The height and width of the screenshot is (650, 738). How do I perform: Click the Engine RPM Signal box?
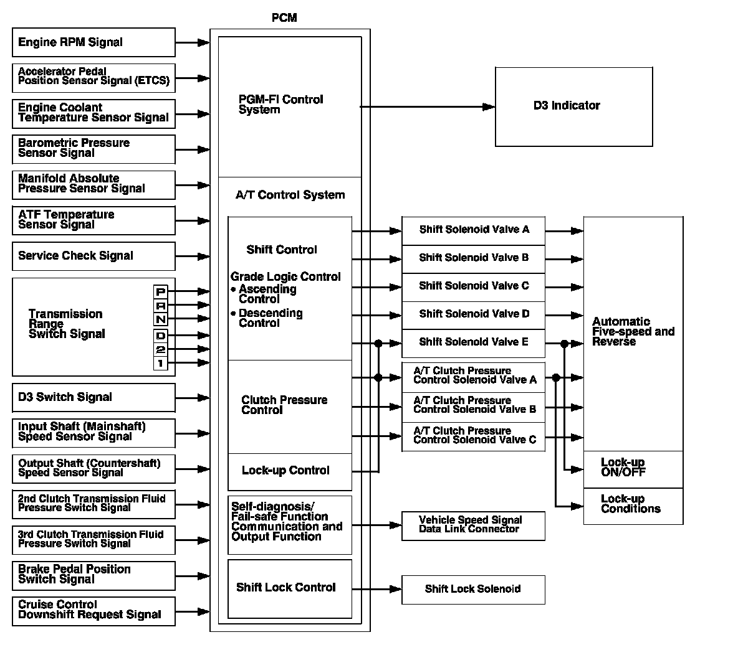pos(93,42)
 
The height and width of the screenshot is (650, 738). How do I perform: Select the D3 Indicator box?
pos(573,106)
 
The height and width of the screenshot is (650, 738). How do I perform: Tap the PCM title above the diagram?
pos(284,17)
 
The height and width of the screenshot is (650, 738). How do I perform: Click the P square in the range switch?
pos(161,291)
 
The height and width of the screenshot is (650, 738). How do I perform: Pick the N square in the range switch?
pos(161,319)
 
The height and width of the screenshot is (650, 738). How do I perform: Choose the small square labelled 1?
pos(161,363)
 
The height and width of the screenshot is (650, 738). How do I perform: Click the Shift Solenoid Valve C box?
pos(473,286)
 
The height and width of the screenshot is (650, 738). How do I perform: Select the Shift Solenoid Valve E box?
pos(473,342)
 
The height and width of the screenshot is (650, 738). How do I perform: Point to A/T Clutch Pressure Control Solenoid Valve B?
pos(473,405)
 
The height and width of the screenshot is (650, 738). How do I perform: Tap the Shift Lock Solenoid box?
pos(473,589)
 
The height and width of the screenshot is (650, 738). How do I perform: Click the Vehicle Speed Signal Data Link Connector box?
pos(473,525)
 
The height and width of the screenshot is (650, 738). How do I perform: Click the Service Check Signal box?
pos(93,256)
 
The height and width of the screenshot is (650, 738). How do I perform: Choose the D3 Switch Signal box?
pos(93,397)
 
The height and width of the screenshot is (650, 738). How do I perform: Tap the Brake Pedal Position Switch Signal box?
pos(93,575)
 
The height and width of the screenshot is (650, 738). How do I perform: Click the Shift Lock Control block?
pos(289,588)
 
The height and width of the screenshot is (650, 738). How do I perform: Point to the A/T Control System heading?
pos(290,195)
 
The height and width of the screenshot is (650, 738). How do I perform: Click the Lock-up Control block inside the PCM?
pos(289,471)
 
